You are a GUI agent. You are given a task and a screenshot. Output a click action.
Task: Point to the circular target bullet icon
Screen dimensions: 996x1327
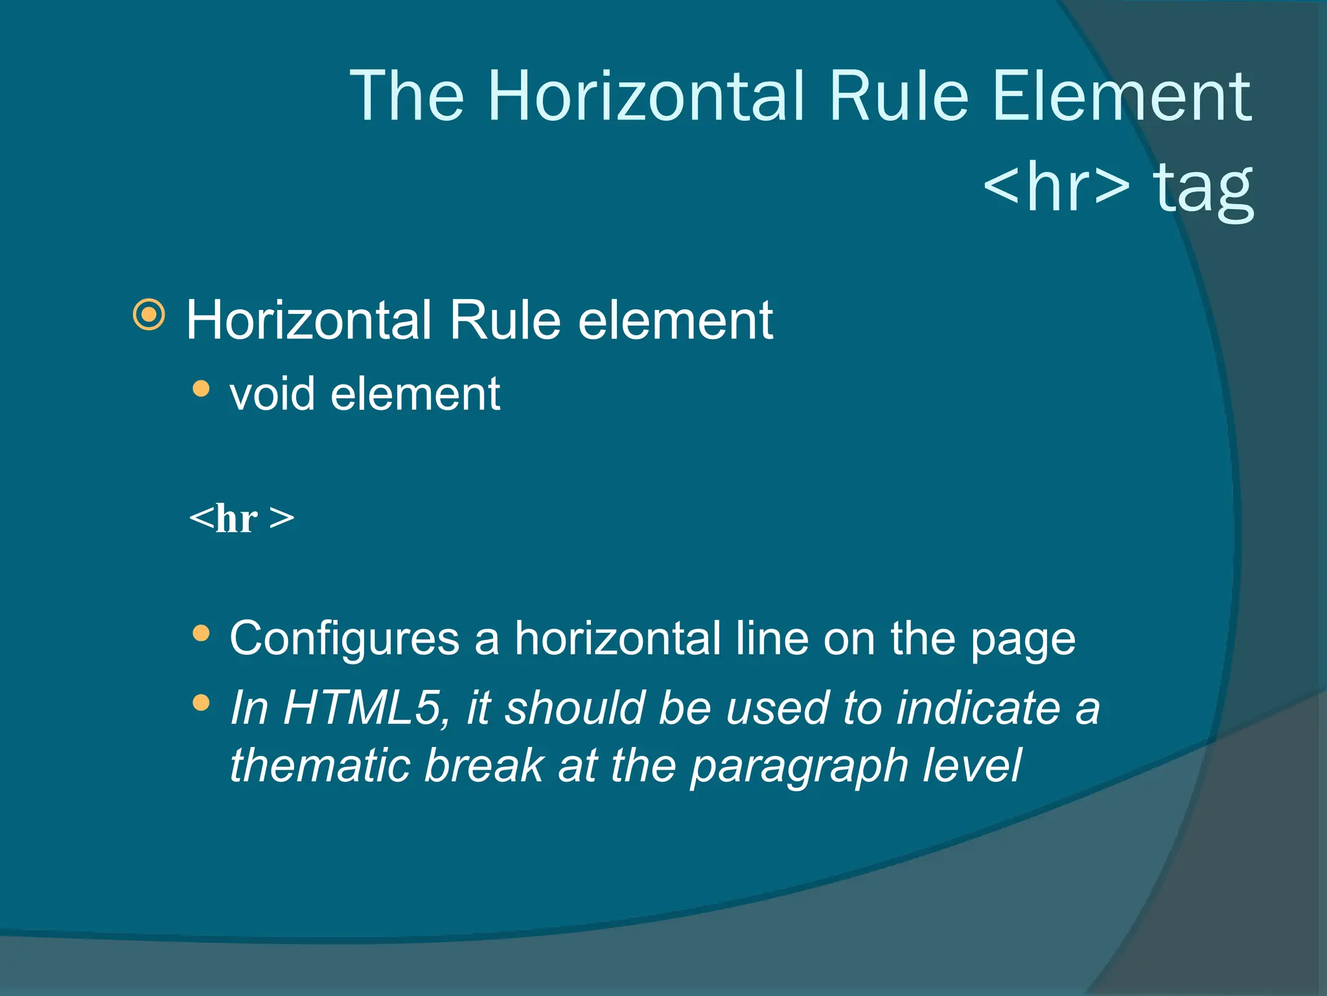pos(149,315)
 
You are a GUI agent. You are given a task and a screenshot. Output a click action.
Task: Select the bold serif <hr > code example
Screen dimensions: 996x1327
pos(242,518)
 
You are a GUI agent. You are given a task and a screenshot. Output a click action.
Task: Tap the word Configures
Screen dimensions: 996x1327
pos(344,639)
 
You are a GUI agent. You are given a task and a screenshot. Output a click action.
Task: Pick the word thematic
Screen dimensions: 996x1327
pos(320,765)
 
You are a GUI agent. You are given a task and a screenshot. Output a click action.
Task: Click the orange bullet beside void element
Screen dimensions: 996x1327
pos(202,388)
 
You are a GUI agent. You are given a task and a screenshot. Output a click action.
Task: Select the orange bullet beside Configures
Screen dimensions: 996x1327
pos(202,633)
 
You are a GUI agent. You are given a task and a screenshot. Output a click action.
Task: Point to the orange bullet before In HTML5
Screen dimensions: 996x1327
pos(202,702)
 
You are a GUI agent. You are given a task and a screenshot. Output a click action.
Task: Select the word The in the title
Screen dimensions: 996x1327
pos(407,97)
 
